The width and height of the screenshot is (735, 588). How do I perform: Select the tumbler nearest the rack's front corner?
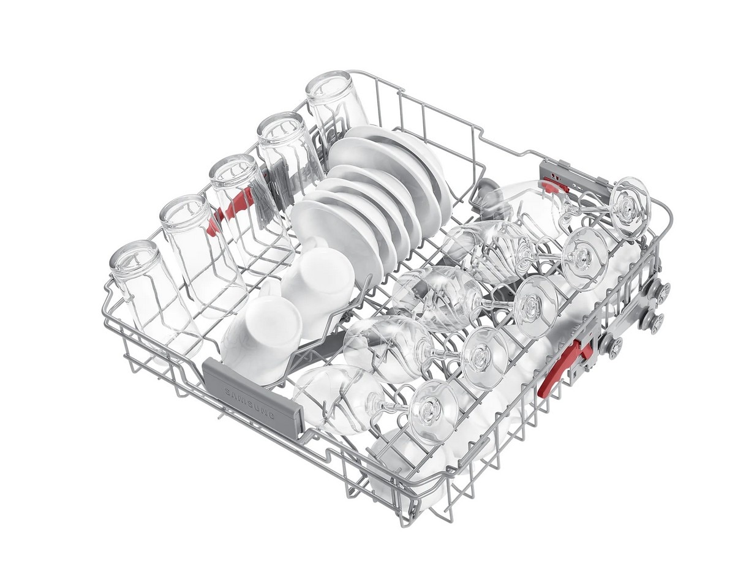click(x=156, y=301)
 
